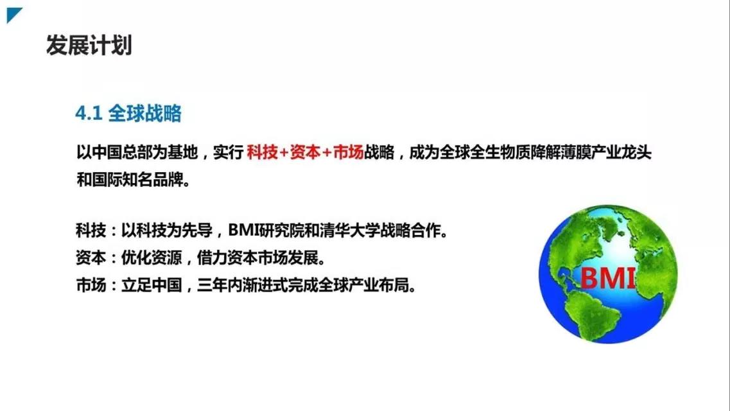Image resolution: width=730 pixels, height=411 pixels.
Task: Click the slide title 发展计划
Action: point(89,46)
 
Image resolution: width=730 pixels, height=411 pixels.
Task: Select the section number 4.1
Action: point(89,114)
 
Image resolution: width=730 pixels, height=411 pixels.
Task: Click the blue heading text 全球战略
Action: point(145,114)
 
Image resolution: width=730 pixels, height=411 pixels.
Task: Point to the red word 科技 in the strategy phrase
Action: point(261,153)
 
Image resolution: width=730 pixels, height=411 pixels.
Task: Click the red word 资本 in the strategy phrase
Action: point(305,153)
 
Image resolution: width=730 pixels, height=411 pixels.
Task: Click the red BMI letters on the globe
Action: point(607,278)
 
